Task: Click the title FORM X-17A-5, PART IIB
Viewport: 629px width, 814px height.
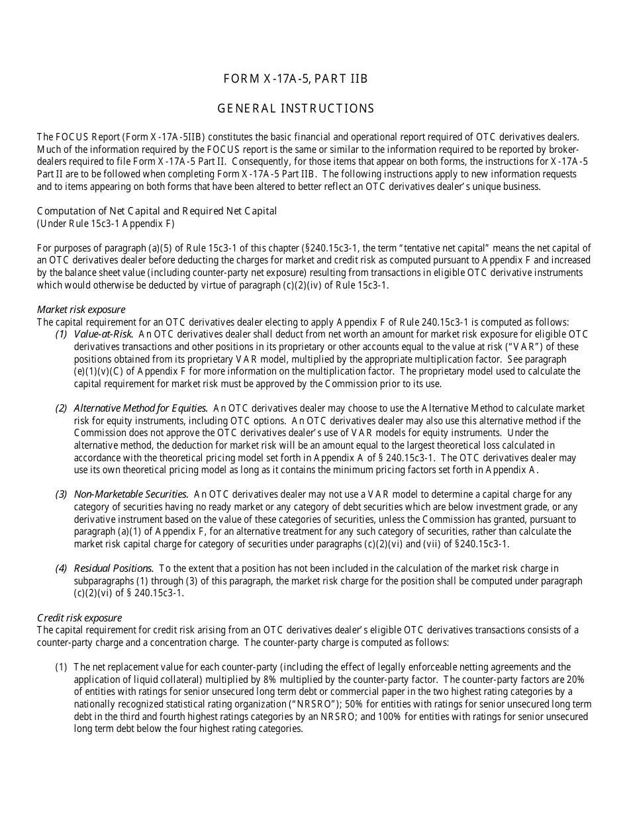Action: point(295,79)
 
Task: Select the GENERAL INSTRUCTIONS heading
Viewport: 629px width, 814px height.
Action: point(296,109)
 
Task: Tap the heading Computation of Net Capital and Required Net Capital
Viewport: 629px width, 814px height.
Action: point(157,211)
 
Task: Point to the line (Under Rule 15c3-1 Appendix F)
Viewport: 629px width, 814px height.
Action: point(106,224)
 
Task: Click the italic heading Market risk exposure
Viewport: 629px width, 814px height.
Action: point(81,310)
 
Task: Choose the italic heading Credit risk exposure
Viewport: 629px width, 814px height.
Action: point(79,617)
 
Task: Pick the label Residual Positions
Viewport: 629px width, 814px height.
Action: point(114,568)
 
